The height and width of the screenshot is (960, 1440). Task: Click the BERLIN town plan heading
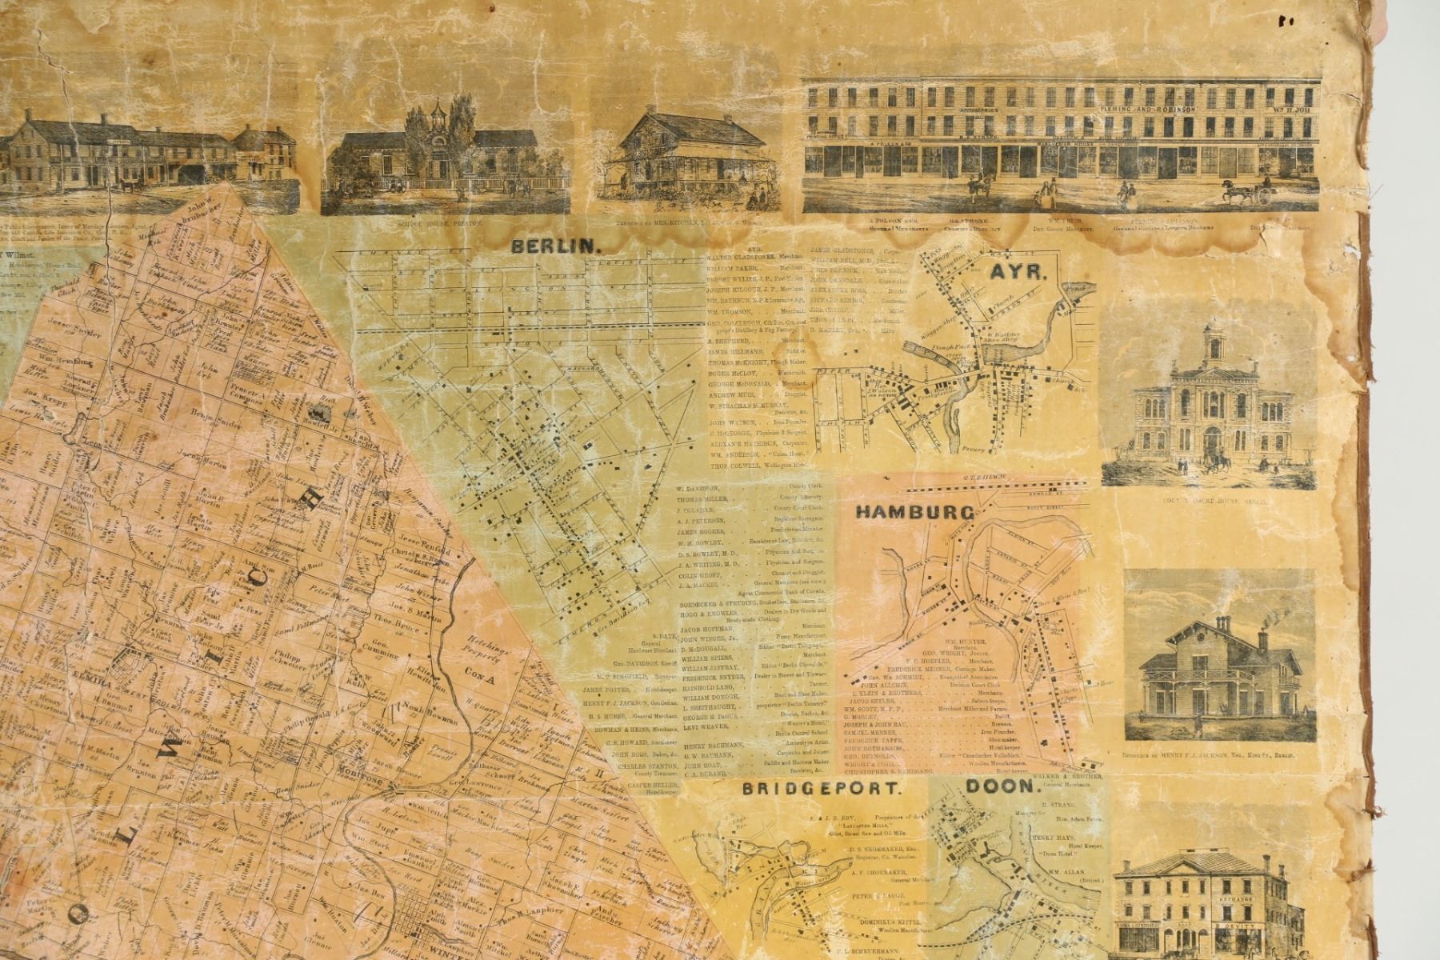tap(556, 246)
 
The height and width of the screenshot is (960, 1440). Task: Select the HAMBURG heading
tap(914, 512)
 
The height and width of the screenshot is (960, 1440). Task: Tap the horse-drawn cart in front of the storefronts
tap(1246, 192)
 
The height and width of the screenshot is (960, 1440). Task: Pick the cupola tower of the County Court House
tap(1214, 342)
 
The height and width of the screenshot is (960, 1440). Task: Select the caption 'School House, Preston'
tap(444, 225)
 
